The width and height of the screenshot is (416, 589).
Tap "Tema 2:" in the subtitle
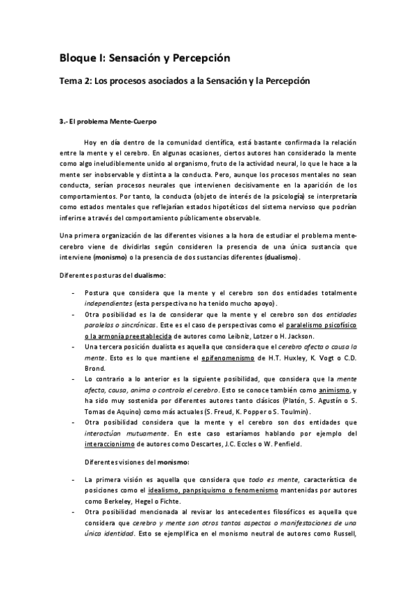74,81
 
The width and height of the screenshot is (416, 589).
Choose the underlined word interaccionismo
110,444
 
